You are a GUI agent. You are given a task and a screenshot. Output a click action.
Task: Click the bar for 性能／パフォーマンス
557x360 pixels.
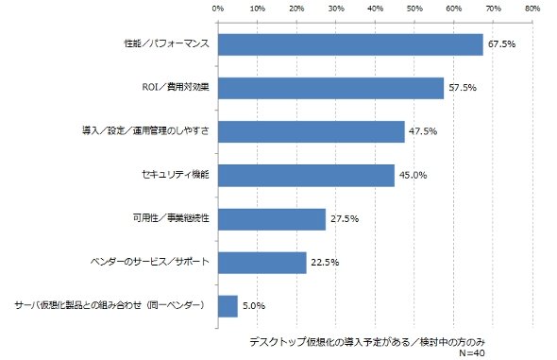click(350, 44)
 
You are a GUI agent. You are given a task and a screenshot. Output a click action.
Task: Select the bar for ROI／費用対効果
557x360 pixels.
click(330, 88)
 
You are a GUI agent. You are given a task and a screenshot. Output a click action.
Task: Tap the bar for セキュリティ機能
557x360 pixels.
click(306, 175)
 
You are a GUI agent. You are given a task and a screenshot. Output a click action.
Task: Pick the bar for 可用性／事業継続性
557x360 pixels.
click(272, 219)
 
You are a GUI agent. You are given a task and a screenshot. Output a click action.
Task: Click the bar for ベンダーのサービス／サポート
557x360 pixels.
click(262, 263)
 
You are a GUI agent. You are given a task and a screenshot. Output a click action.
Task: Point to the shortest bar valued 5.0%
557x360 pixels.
click(228, 306)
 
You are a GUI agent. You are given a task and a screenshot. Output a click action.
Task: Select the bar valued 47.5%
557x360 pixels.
click(312, 132)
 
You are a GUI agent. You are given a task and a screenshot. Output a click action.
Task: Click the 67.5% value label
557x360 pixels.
click(501, 44)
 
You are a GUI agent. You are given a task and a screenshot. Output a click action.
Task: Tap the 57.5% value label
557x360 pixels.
click(463, 88)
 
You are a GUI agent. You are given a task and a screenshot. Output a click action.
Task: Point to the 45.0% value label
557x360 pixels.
click(414, 175)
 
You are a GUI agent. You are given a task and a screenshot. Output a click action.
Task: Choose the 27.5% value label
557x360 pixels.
click(345, 219)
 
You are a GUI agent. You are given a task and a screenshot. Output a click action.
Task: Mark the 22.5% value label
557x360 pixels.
click(325, 263)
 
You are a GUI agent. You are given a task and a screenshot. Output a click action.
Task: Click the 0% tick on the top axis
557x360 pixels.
click(218, 9)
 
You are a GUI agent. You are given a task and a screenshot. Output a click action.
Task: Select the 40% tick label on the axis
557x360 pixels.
click(375, 9)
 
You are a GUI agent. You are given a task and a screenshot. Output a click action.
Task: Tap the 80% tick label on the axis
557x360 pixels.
click(532, 9)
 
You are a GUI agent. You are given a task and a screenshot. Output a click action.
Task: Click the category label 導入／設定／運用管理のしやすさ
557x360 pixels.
click(145, 131)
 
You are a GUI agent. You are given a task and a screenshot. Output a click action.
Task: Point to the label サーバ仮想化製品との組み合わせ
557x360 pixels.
click(78, 305)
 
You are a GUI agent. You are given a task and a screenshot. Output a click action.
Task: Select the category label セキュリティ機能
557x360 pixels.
click(176, 175)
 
